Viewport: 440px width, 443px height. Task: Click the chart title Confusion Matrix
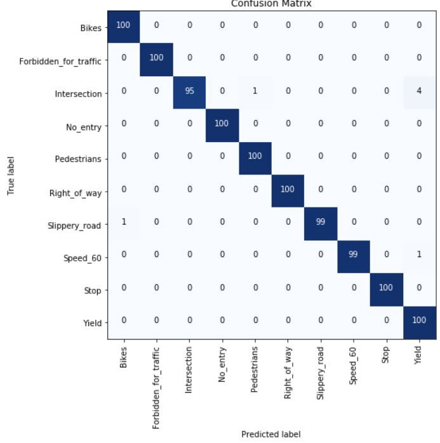click(x=271, y=4)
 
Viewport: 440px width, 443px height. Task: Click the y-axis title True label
click(x=11, y=176)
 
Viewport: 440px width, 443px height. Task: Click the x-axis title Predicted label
click(x=271, y=434)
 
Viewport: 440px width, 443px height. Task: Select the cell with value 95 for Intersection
click(x=189, y=91)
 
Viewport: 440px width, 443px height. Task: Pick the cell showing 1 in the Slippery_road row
click(x=123, y=221)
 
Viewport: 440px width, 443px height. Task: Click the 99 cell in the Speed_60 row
click(x=354, y=255)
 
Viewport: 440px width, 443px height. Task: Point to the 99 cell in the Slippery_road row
click(x=321, y=221)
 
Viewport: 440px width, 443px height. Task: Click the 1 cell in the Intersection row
click(x=255, y=91)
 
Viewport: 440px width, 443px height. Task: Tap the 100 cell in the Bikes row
click(x=123, y=25)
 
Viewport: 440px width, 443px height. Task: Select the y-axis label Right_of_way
click(x=76, y=193)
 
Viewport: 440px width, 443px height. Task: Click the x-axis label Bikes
click(x=123, y=358)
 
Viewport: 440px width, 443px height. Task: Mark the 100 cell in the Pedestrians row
click(x=255, y=155)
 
